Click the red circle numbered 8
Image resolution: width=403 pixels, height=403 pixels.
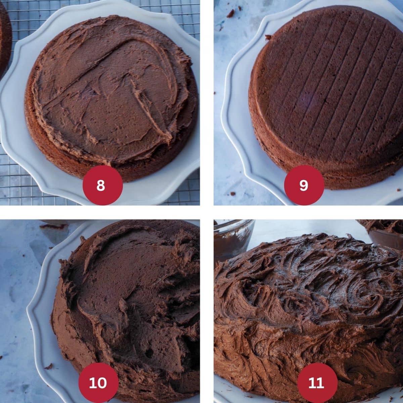click(101, 185)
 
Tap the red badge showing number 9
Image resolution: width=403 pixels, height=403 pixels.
click(304, 185)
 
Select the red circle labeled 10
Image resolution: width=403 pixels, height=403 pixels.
click(98, 383)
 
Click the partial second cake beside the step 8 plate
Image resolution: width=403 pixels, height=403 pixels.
click(4, 40)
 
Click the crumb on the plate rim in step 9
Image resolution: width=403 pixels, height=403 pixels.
click(268, 37)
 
